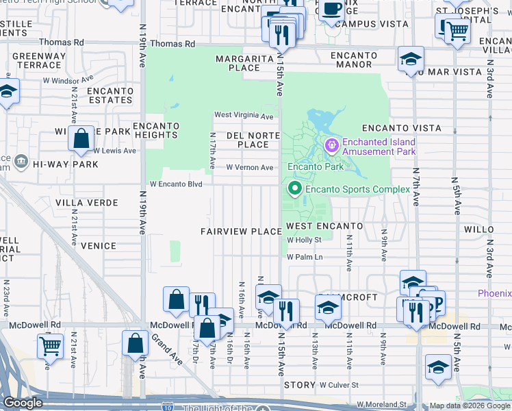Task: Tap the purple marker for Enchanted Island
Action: click(x=333, y=145)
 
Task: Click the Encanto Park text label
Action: click(x=315, y=166)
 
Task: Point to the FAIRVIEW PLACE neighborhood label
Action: click(x=241, y=232)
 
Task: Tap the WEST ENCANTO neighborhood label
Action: click(x=324, y=225)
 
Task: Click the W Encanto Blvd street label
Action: click(x=177, y=184)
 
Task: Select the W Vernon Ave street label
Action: click(x=250, y=167)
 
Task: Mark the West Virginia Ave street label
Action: click(x=245, y=115)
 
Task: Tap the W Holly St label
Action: click(x=304, y=240)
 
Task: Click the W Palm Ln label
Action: click(x=305, y=257)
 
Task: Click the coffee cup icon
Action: click(x=333, y=10)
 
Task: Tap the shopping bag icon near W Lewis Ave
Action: click(x=81, y=138)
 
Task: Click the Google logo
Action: click(x=23, y=403)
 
